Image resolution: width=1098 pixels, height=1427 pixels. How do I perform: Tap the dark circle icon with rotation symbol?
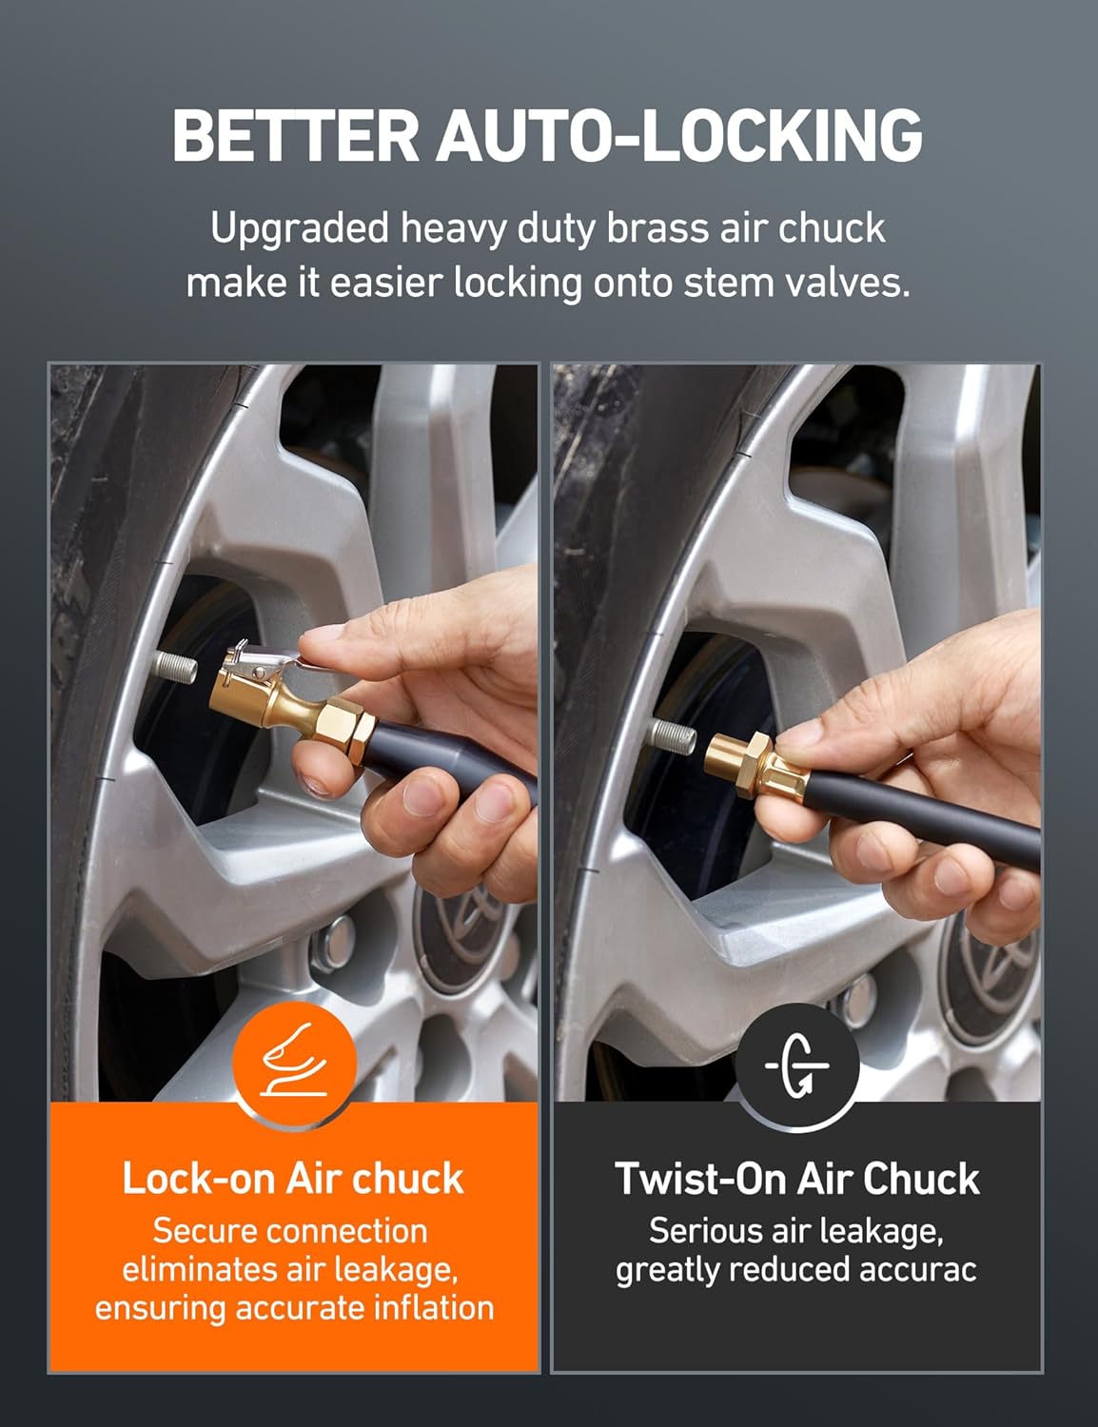click(x=797, y=1064)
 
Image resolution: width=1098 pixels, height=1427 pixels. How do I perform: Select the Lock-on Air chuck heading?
click(x=293, y=1179)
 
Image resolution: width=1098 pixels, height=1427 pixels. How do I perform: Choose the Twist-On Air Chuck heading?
click(x=797, y=1179)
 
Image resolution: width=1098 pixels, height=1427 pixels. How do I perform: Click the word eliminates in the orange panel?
click(x=197, y=1269)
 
